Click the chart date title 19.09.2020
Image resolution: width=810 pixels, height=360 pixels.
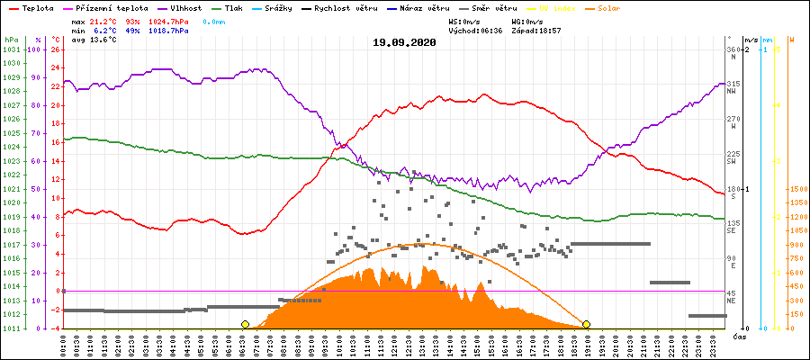click(404, 42)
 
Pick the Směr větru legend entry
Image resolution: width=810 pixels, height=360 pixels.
click(490, 7)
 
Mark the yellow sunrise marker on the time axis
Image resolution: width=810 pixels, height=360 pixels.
click(245, 324)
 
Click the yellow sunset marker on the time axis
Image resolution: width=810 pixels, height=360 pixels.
click(586, 324)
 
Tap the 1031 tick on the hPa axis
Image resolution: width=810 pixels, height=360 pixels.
click(11, 49)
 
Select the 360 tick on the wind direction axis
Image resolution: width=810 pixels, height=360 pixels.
click(732, 49)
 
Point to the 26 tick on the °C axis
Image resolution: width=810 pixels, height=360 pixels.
click(55, 49)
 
